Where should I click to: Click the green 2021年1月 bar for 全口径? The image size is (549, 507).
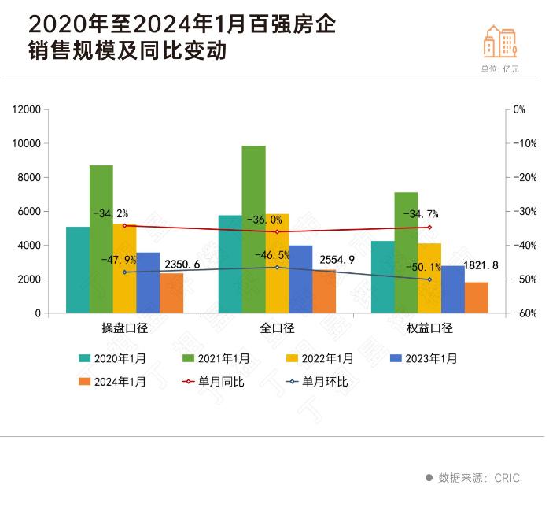click(x=253, y=229)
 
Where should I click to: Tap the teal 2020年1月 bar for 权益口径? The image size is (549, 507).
click(x=382, y=276)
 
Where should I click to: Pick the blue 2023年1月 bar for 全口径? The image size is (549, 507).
click(x=300, y=279)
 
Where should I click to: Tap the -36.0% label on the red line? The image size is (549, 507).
click(x=264, y=220)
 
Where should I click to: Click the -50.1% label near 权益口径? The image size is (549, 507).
click(x=424, y=268)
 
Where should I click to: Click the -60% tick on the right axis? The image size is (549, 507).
click(x=518, y=313)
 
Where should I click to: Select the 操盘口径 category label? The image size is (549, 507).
click(x=125, y=328)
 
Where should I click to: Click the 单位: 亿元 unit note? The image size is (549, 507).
click(x=500, y=68)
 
